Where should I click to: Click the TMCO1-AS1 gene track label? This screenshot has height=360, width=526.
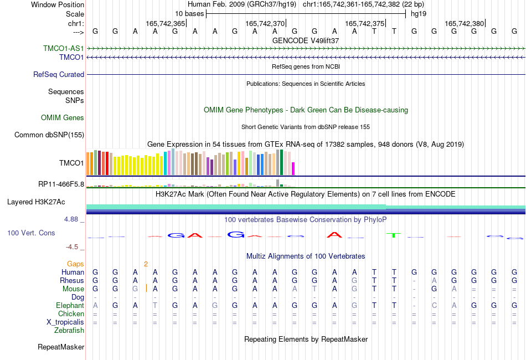(x=64, y=48)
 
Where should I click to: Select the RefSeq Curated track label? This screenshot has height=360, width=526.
(x=59, y=74)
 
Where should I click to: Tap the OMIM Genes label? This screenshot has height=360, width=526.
(x=63, y=118)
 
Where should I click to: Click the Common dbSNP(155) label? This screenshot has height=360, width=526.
(x=49, y=135)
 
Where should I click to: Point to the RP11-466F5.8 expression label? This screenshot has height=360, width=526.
(x=61, y=184)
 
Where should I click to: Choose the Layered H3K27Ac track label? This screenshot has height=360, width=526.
(x=36, y=202)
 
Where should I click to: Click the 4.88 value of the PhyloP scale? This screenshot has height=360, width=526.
(x=71, y=219)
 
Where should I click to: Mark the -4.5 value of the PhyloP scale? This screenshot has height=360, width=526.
(x=72, y=247)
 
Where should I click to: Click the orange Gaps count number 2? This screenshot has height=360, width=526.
(x=146, y=264)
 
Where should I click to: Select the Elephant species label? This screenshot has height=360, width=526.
(x=70, y=305)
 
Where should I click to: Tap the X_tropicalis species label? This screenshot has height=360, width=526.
(x=65, y=322)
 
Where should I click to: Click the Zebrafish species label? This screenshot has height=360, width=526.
(x=69, y=331)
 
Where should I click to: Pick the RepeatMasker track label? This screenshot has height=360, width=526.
(x=61, y=347)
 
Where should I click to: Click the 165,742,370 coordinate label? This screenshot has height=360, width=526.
(x=265, y=23)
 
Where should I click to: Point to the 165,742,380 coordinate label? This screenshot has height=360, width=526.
(x=465, y=23)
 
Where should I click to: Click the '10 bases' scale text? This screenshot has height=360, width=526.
(x=189, y=14)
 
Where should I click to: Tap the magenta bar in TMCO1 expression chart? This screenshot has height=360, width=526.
(x=293, y=168)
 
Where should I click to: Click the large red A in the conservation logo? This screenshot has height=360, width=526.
(x=334, y=234)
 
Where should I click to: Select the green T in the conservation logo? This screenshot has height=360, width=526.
(x=394, y=235)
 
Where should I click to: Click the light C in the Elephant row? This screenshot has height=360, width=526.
(x=434, y=305)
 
